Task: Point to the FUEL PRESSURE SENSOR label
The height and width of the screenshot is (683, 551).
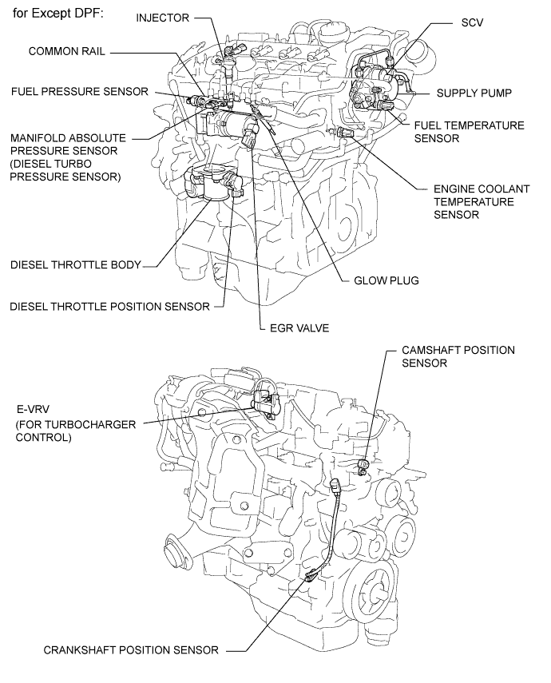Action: (79, 92)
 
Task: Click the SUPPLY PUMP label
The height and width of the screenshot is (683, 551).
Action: (474, 93)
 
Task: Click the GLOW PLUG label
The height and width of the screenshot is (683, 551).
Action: (386, 280)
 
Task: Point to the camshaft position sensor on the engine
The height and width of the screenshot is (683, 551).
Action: (363, 464)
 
